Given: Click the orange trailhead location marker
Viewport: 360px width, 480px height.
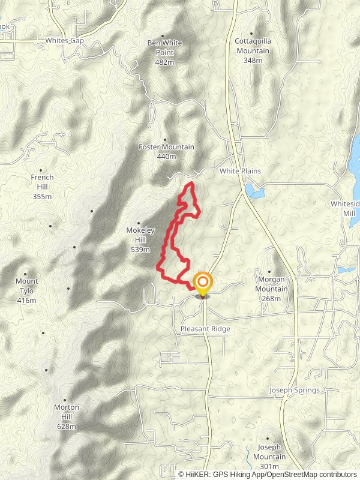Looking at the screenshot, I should click(203, 283).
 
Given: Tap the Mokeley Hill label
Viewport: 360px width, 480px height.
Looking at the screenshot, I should click(141, 234).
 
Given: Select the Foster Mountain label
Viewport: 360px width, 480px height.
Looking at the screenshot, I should click(166, 147).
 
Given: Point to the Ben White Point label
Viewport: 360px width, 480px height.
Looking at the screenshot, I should click(164, 47).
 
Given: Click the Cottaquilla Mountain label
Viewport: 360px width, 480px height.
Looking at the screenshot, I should click(252, 47).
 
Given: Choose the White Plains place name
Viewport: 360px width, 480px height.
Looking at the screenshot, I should click(240, 171).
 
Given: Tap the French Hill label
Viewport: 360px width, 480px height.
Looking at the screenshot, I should click(43, 182).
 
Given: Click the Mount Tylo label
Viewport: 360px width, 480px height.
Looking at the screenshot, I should click(26, 286).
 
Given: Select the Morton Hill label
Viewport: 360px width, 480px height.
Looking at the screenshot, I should click(67, 412).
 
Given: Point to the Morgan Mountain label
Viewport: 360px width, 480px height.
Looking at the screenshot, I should click(272, 284).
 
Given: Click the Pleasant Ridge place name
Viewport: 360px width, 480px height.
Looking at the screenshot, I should click(205, 329).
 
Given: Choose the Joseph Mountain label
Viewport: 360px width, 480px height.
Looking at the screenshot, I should click(272, 452).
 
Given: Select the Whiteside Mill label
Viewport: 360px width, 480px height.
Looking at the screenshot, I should click(344, 208).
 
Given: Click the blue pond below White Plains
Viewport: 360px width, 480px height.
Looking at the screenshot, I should click(255, 192).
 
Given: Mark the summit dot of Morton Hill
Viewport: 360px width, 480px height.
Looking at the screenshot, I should click(65, 399).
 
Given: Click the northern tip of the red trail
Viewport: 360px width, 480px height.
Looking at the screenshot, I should click(191, 182).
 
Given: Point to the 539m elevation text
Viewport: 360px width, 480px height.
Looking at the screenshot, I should click(140, 250).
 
